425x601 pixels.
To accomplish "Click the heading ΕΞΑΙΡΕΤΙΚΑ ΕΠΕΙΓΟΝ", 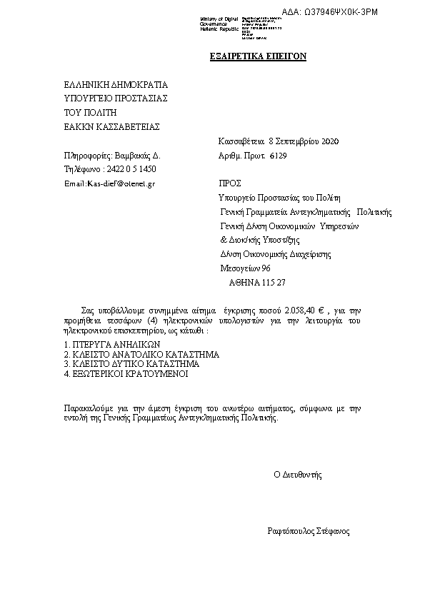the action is pyautogui.click(x=257, y=56).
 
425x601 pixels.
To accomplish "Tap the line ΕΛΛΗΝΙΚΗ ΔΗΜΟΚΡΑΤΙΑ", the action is pyautogui.click(x=116, y=84).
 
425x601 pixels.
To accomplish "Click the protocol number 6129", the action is pyautogui.click(x=279, y=155).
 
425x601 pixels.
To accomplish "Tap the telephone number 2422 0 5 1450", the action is pyautogui.click(x=130, y=169).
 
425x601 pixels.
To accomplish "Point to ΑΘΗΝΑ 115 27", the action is pyautogui.click(x=257, y=282).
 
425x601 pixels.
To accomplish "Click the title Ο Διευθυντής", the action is pyautogui.click(x=299, y=474).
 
